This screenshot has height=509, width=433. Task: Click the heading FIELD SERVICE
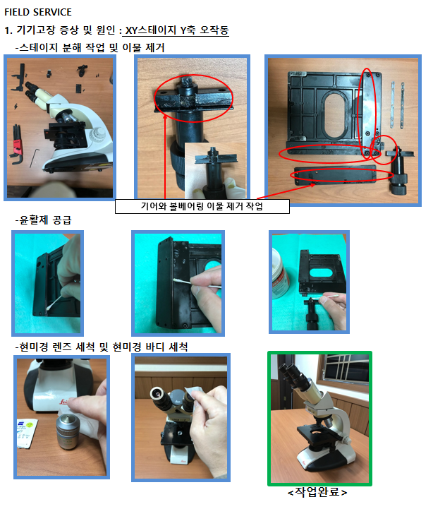(x=38, y=12)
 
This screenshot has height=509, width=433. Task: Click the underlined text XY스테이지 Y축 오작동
(x=177, y=30)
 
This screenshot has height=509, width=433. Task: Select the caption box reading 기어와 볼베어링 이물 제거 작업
(x=202, y=206)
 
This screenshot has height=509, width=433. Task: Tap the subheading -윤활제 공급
(x=44, y=220)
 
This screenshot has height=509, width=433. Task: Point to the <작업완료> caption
(x=317, y=493)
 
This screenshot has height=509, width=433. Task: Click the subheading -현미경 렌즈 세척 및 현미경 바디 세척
(x=102, y=347)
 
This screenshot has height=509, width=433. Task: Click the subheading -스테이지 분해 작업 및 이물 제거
(x=90, y=48)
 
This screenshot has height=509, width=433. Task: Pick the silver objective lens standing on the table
(x=68, y=432)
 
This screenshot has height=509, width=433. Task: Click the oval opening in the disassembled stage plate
(x=334, y=114)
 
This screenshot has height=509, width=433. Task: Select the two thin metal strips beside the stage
(x=397, y=104)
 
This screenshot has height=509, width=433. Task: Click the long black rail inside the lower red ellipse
(x=335, y=176)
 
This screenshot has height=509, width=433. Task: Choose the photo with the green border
(x=319, y=419)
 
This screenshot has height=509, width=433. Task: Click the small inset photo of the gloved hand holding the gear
(x=215, y=170)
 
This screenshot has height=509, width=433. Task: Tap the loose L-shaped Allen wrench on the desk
(x=35, y=158)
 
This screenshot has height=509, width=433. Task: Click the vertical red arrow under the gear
(x=165, y=156)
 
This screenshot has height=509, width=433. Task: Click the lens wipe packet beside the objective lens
(x=27, y=433)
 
